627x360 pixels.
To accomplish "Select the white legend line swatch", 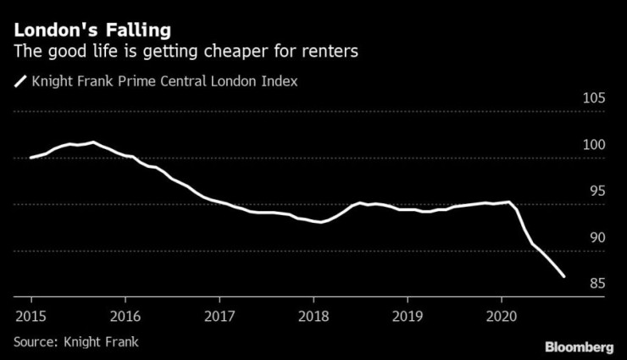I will pyautogui.click(x=19, y=82).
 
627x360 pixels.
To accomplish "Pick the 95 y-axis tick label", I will pyautogui.click(x=594, y=191).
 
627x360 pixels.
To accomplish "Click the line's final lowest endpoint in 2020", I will pyautogui.click(x=564, y=275).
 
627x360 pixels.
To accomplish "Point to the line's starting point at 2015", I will pyautogui.click(x=31, y=158).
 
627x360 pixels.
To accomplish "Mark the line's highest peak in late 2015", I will pyautogui.click(x=93, y=142).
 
